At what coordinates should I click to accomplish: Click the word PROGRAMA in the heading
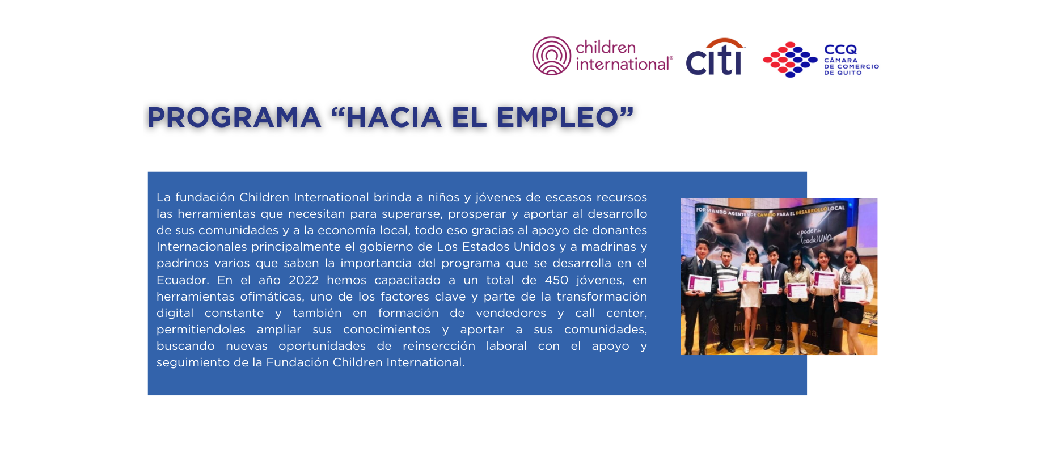coord(234,117)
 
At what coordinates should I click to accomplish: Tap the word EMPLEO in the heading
coord(557,117)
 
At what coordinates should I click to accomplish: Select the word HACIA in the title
coord(394,117)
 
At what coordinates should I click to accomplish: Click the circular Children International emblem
coord(551,56)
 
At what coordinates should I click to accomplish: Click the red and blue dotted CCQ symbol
coord(790,59)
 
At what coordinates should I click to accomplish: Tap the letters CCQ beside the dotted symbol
coord(840,49)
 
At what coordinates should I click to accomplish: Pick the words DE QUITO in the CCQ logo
coord(843,73)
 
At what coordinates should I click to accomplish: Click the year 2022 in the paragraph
coord(303,280)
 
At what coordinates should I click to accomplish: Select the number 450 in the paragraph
coord(556,280)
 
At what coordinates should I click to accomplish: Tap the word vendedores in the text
coord(511,313)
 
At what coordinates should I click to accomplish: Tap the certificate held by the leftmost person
coord(700,282)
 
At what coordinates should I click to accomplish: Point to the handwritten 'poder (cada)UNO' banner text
coord(815,235)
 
